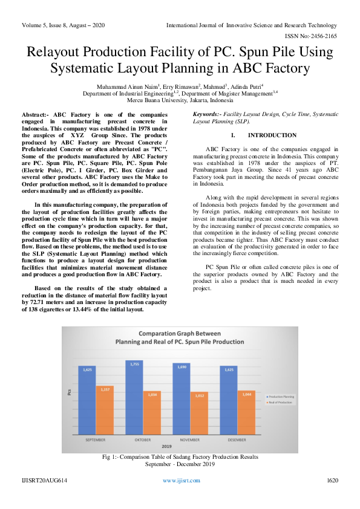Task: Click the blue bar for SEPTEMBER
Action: [87, 401]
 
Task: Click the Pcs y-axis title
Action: [68, 394]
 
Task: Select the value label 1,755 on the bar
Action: [134, 365]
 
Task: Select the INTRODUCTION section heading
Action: [272, 135]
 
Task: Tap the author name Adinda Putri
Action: [247, 87]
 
